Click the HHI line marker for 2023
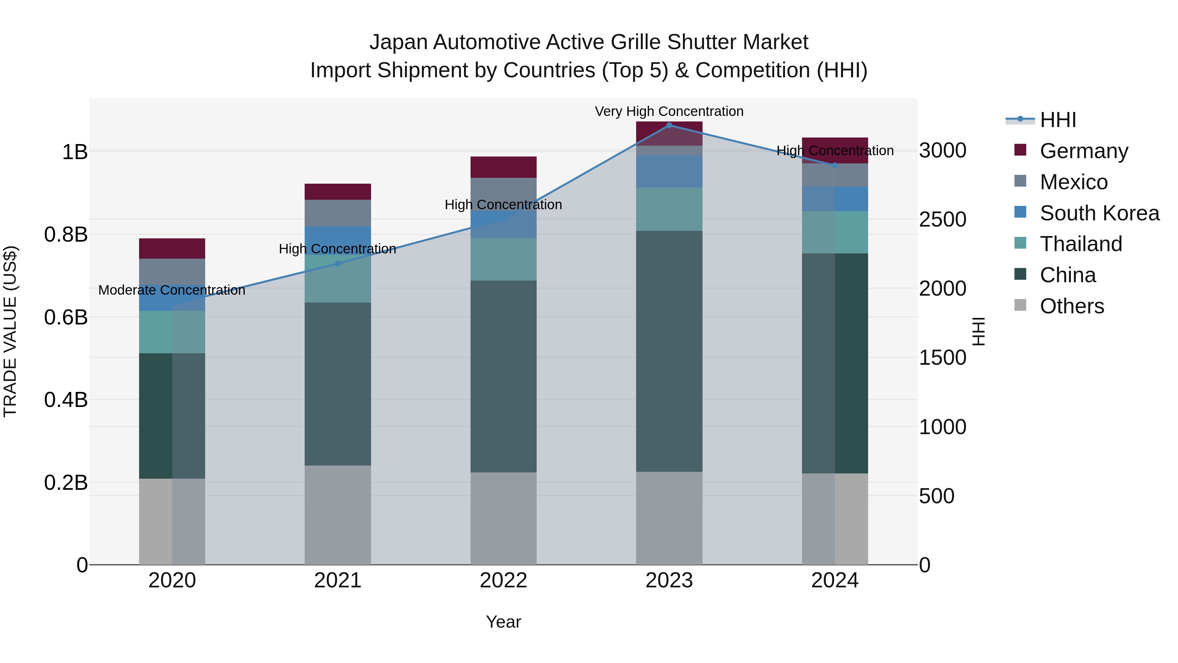tap(669, 125)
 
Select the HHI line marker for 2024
tap(834, 165)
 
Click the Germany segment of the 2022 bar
tap(504, 167)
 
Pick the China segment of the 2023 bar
tap(669, 351)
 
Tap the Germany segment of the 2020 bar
tap(172, 249)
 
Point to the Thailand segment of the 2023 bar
tap(669, 209)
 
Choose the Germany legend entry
tap(1084, 151)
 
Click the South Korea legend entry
tap(1099, 213)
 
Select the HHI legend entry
tap(1058, 120)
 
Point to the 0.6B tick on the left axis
tap(66, 317)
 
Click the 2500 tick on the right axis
tap(942, 220)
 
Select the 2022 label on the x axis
tap(504, 580)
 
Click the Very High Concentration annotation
tap(669, 111)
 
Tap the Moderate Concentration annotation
tap(172, 290)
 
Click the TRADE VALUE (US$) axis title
tap(10, 331)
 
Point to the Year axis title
tap(504, 622)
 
